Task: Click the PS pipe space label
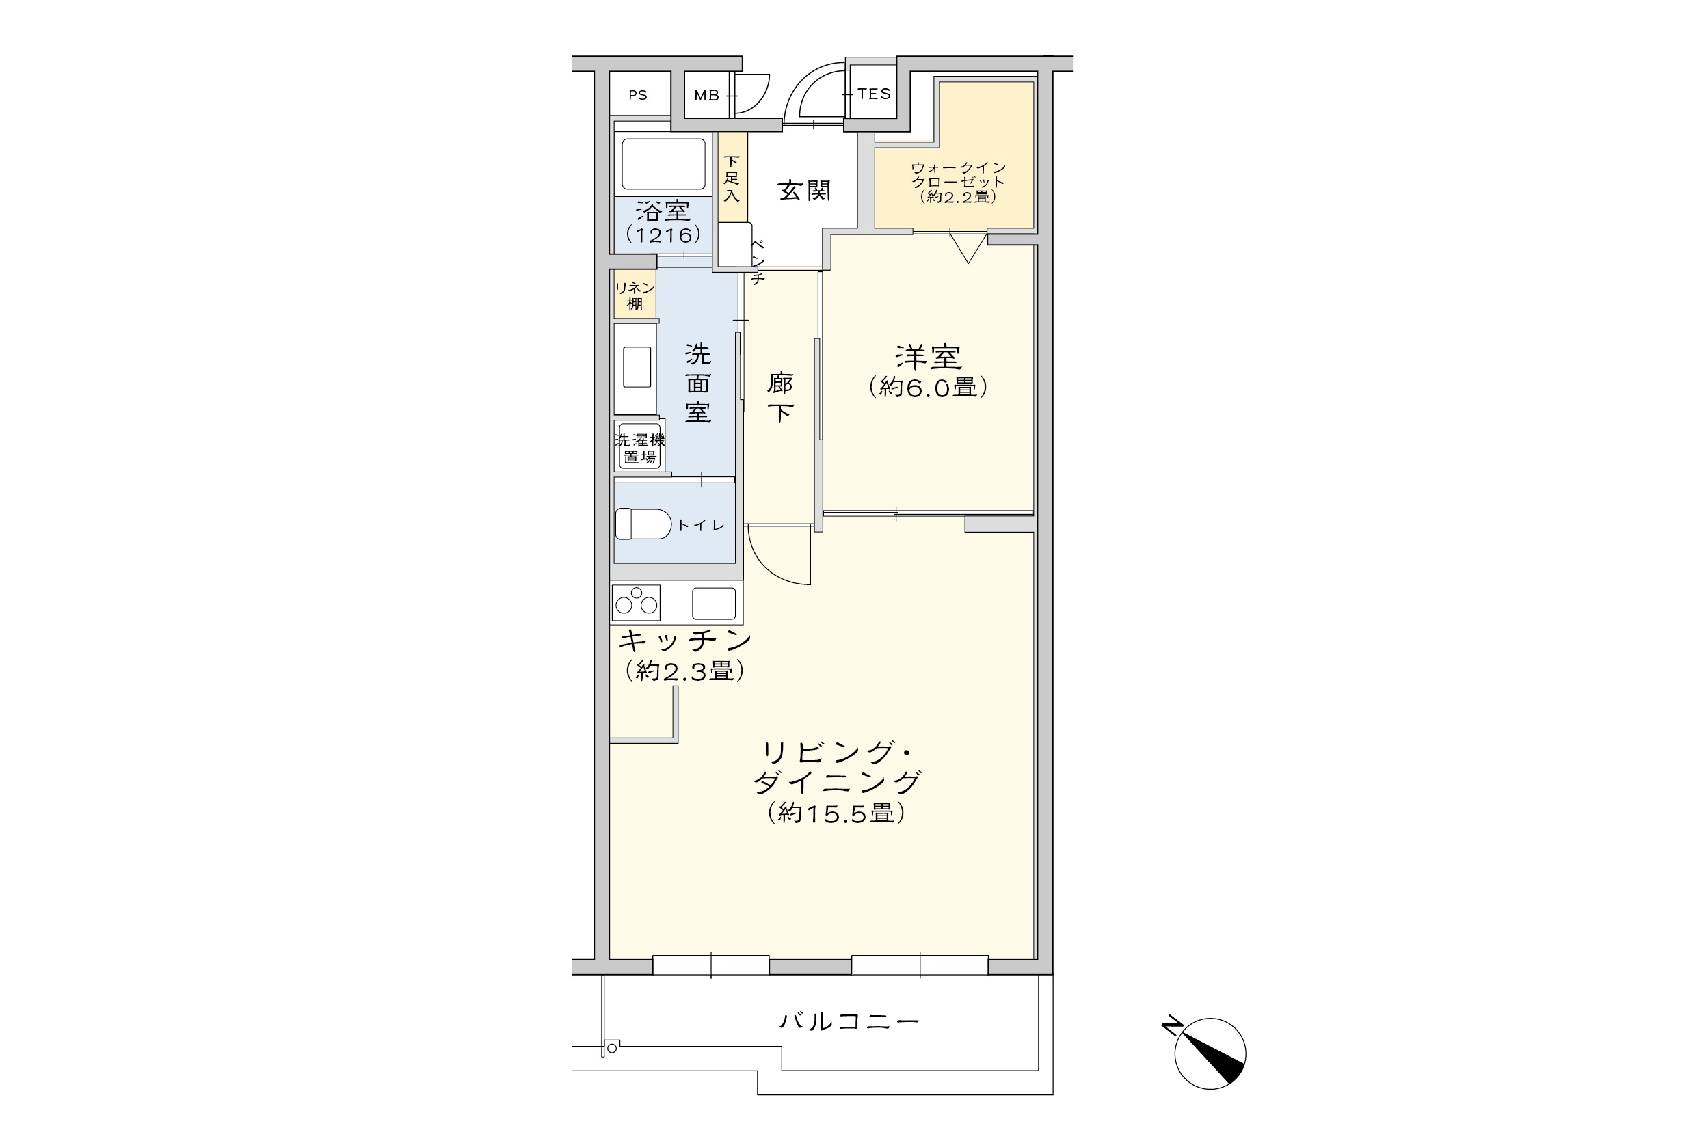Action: pyautogui.click(x=637, y=96)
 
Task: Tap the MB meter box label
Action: pyautogui.click(x=706, y=96)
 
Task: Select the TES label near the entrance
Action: pyautogui.click(x=874, y=94)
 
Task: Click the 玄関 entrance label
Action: pyautogui.click(x=804, y=191)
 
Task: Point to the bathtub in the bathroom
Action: pyautogui.click(x=663, y=164)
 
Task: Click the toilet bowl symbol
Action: pyautogui.click(x=643, y=524)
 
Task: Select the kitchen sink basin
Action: pyautogui.click(x=713, y=603)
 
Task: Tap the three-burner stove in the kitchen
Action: pyautogui.click(x=636, y=602)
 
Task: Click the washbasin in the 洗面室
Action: pyautogui.click(x=636, y=368)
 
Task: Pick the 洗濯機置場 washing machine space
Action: pyautogui.click(x=639, y=448)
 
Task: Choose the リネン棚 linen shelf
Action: pyautogui.click(x=635, y=295)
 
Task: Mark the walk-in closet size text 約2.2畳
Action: pyautogui.click(x=957, y=197)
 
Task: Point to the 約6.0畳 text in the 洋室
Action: pyautogui.click(x=928, y=387)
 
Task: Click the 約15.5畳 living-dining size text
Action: pyautogui.click(x=836, y=812)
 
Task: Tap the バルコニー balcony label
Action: pyautogui.click(x=849, y=1021)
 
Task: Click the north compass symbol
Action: pyautogui.click(x=1210, y=1053)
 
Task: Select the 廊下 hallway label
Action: pyautogui.click(x=780, y=398)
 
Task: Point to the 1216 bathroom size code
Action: pyautogui.click(x=663, y=234)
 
